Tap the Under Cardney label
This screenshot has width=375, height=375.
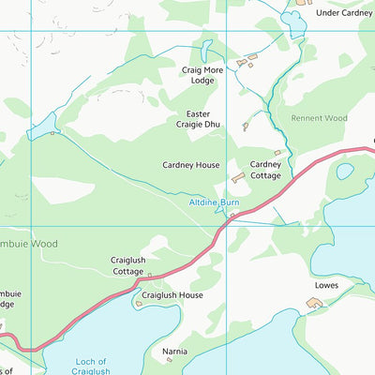343,13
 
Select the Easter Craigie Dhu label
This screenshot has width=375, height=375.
198,119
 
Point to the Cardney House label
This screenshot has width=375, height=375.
190,165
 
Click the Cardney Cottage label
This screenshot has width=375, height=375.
265,170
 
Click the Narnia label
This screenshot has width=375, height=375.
175,352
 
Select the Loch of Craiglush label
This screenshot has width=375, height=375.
91,367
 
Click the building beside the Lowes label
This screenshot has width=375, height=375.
313,303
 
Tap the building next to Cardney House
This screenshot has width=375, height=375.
237,176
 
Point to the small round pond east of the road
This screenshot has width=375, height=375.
345,172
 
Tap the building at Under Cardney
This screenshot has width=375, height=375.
303,3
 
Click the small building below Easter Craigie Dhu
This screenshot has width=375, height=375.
245,127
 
